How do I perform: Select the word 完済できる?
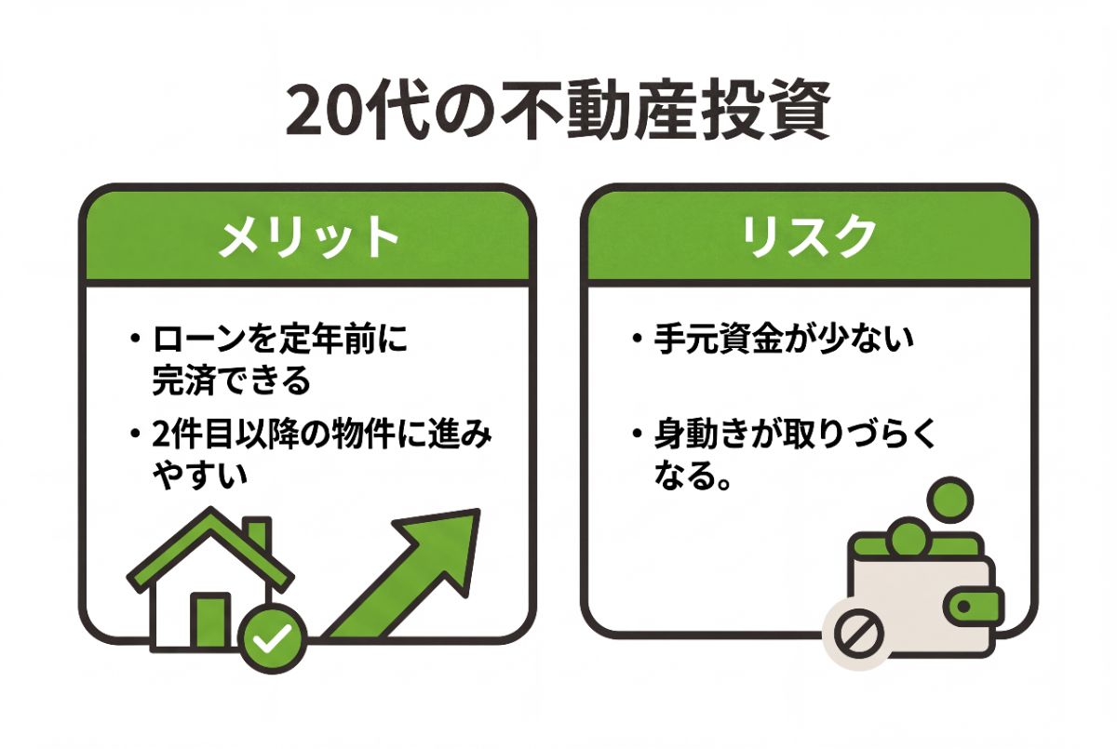click(232, 381)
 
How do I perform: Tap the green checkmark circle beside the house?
click(272, 639)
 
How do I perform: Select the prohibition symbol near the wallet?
click(858, 635)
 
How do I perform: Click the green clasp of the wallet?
click(974, 607)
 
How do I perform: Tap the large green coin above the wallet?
click(950, 501)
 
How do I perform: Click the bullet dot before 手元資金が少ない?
click(636, 339)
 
